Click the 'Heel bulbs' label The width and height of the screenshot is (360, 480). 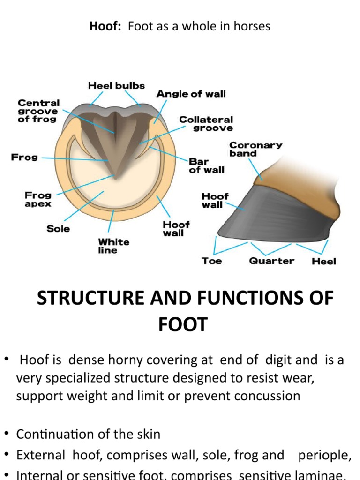pyautogui.click(x=116, y=86)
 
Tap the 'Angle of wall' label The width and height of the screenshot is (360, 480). pyautogui.click(x=191, y=94)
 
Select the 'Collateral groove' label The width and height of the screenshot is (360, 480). pyautogui.click(x=206, y=124)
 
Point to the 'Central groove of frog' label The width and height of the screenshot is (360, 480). pyautogui.click(x=38, y=111)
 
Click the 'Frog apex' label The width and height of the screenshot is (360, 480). pyautogui.click(x=38, y=199)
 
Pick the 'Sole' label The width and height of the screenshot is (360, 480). pyautogui.click(x=58, y=229)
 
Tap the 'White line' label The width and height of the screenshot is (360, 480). pyautogui.click(x=113, y=246)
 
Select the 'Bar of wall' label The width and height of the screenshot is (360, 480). pyautogui.click(x=206, y=165)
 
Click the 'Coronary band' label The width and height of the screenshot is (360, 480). pyautogui.click(x=255, y=149)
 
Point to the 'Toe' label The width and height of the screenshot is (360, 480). pyautogui.click(x=211, y=261)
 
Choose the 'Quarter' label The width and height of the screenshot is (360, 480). pyautogui.click(x=272, y=261)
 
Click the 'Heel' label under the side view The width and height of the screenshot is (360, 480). pyautogui.click(x=324, y=262)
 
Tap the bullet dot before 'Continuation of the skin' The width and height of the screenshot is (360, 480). pyautogui.click(x=7, y=434)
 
